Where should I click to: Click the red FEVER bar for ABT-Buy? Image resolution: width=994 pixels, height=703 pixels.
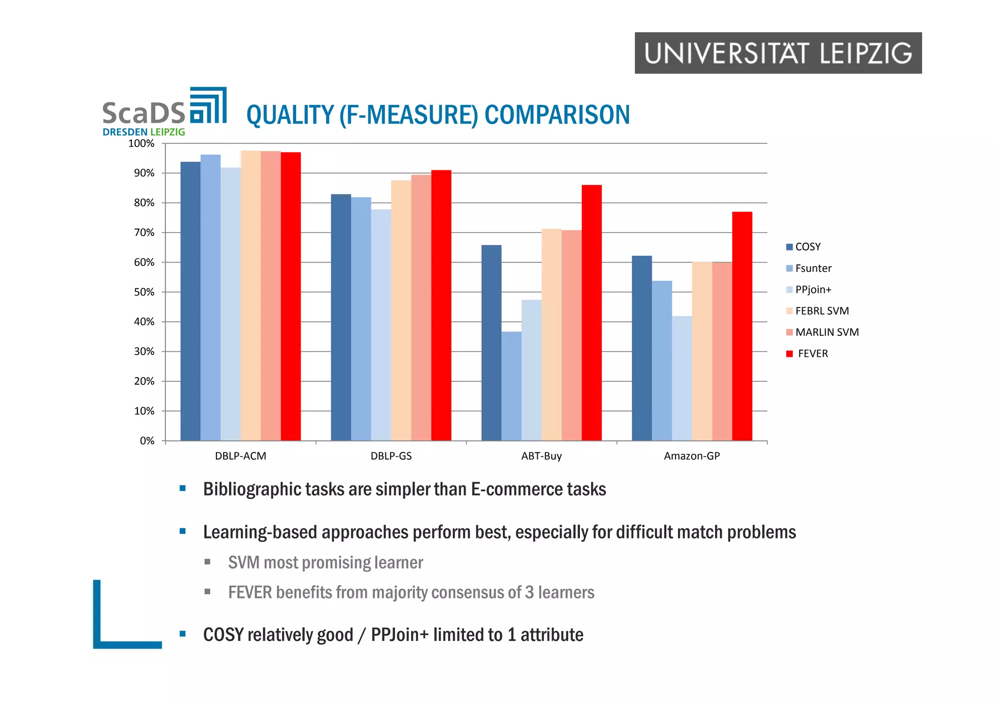592,313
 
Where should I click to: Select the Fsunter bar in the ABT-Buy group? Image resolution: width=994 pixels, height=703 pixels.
512,386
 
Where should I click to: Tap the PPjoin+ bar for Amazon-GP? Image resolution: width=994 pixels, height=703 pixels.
682,378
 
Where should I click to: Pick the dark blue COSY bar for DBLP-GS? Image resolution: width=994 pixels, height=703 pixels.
341,318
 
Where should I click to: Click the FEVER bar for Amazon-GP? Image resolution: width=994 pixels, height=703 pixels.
742,326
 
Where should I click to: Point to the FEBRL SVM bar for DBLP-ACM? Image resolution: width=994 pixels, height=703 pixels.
250,296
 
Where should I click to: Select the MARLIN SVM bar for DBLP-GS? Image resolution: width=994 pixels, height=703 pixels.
421,308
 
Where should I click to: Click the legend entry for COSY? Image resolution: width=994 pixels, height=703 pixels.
807,247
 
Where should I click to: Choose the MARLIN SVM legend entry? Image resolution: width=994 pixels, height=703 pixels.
827,332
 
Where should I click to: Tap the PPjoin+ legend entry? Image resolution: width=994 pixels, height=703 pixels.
813,289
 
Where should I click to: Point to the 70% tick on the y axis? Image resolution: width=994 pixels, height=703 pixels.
144,233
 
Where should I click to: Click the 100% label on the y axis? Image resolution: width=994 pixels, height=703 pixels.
141,144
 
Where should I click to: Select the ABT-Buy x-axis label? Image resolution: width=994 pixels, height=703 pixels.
541,456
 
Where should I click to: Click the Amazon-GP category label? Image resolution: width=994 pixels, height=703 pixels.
692,456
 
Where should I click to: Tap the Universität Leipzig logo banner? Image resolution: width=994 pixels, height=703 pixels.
778,53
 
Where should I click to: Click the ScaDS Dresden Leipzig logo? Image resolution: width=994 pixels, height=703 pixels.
164,112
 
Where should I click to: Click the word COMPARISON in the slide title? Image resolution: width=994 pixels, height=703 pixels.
557,115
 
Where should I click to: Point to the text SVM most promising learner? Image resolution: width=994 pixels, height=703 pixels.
325,562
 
